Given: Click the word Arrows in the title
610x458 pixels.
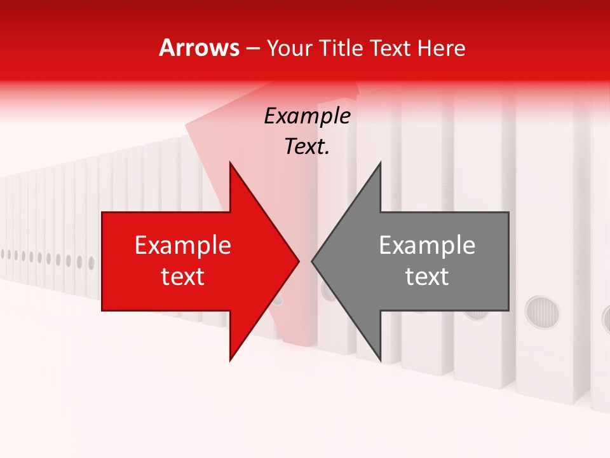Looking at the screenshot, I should (200, 48).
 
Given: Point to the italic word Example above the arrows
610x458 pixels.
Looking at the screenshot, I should (307, 116).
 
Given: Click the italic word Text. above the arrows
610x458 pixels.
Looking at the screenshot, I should (307, 147).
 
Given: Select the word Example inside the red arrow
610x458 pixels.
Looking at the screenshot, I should (182, 246).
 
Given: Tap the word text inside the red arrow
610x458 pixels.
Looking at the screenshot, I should (182, 277).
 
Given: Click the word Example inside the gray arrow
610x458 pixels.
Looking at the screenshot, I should (427, 246).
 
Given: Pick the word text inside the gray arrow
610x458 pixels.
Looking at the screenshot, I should (427, 277).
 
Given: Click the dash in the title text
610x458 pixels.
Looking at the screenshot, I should (252, 48).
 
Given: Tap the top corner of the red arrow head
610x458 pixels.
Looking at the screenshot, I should (231, 163).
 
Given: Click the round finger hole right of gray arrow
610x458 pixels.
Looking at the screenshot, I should (542, 312).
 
